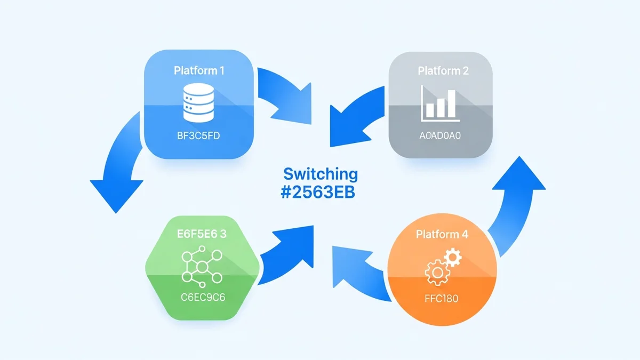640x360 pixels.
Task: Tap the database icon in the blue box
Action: tap(198, 103)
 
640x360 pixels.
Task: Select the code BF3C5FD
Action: tap(198, 137)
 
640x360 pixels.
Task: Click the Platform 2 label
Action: tap(443, 71)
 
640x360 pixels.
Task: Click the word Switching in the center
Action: tap(321, 174)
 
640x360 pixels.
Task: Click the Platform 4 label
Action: tap(442, 234)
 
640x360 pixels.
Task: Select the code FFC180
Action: tap(442, 299)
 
